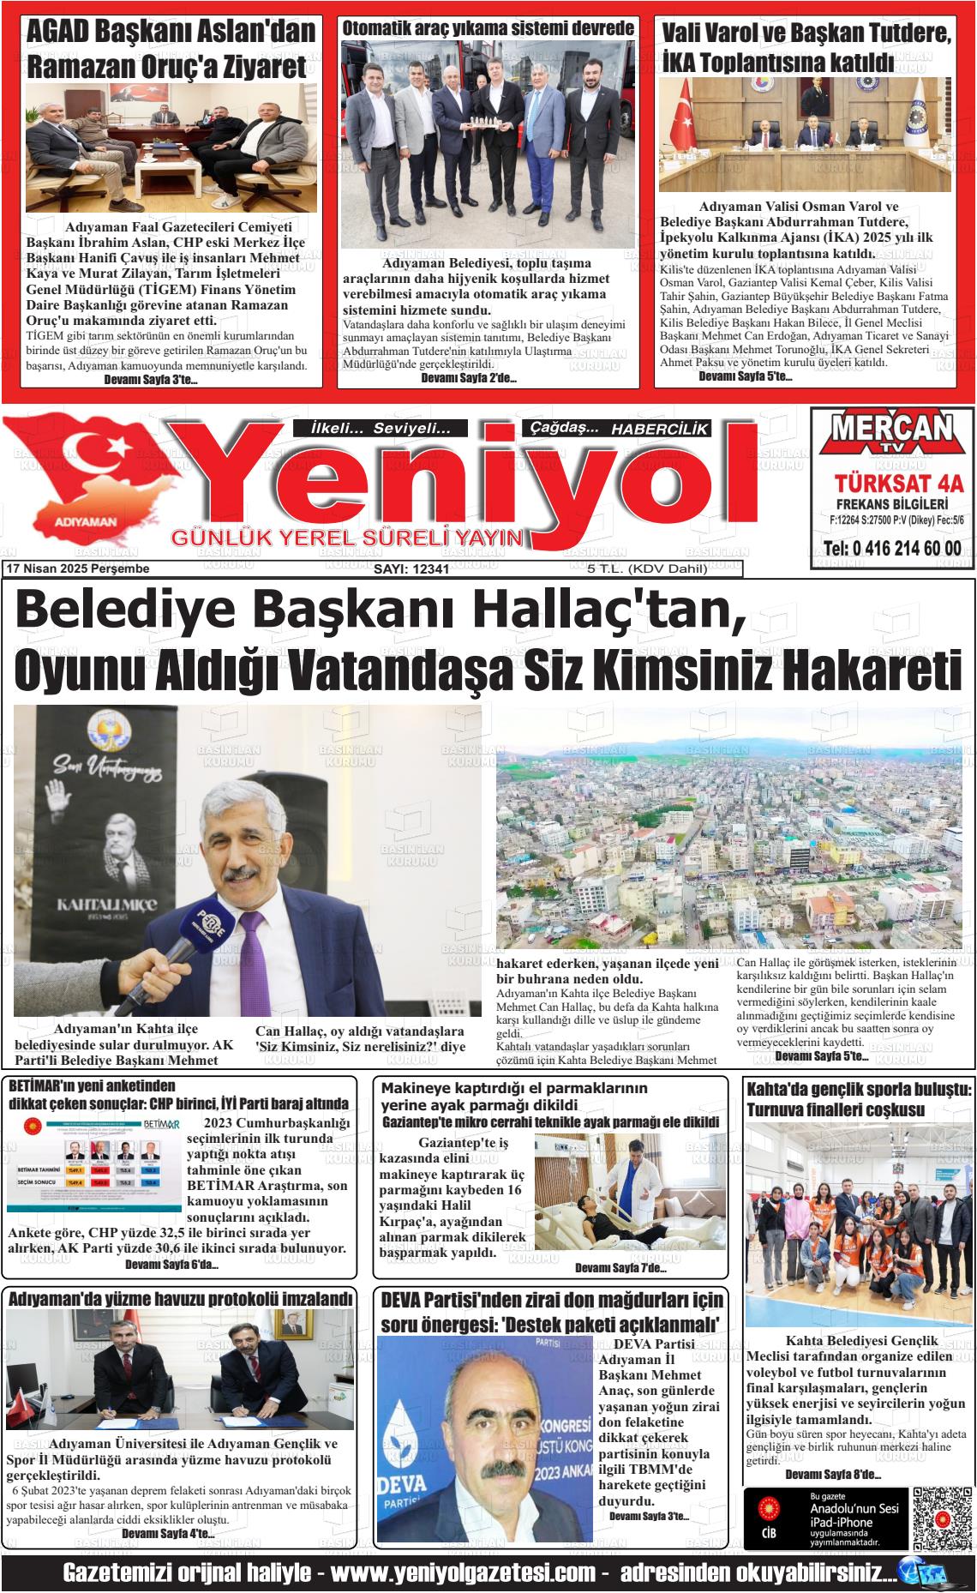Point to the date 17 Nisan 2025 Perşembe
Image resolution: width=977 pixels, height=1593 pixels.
tap(77, 569)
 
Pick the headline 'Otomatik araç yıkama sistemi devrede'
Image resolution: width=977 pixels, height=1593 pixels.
tap(488, 28)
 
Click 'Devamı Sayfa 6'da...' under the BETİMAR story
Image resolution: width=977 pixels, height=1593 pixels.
tap(171, 1265)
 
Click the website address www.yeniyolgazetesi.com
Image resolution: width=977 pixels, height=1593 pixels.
tap(463, 1573)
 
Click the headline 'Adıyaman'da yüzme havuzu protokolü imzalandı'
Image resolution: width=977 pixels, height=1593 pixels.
tap(180, 1299)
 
